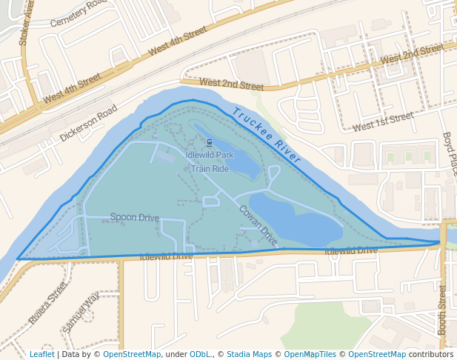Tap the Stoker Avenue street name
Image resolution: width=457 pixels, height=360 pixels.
(x=27, y=21)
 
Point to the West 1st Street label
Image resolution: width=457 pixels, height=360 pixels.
(x=383, y=122)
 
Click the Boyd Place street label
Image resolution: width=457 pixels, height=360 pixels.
(x=449, y=153)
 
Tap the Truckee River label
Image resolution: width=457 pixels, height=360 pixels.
(x=267, y=135)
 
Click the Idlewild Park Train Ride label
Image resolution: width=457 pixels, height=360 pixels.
(x=210, y=161)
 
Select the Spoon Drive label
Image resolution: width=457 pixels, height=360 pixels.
(x=135, y=218)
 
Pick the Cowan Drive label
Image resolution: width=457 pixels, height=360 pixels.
(x=258, y=225)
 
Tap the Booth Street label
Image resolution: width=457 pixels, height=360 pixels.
(x=443, y=309)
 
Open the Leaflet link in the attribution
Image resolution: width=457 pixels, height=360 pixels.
(x=41, y=354)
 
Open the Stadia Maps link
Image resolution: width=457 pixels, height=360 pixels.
(x=249, y=354)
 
